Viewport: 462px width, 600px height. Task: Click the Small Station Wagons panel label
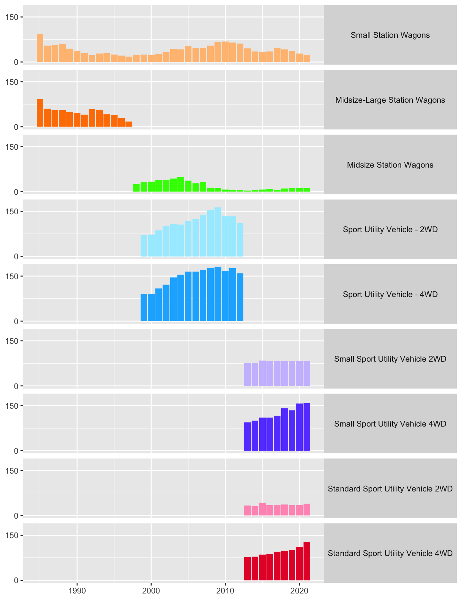click(390, 35)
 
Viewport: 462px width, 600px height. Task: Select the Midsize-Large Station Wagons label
click(390, 100)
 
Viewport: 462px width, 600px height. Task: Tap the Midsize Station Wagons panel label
click(390, 165)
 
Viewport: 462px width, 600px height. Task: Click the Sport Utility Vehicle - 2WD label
click(390, 229)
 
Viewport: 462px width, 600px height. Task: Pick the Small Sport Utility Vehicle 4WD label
click(390, 424)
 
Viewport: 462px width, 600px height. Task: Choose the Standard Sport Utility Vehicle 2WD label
click(390, 489)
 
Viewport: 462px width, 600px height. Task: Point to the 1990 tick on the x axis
click(77, 590)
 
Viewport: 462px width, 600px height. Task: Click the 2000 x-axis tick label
click(151, 590)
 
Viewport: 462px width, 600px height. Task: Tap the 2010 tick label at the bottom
click(225, 590)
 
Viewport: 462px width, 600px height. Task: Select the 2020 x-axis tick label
click(299, 590)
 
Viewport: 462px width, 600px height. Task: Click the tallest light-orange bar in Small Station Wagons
click(40, 48)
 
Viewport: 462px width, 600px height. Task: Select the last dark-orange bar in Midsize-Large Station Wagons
click(129, 124)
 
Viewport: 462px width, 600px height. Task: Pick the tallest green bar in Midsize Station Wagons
click(181, 184)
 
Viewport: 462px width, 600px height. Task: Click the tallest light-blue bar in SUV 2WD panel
click(218, 232)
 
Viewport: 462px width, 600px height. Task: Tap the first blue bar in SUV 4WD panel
click(144, 307)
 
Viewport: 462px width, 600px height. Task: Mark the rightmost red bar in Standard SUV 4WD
click(307, 561)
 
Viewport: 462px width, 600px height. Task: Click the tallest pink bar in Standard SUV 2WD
click(262, 509)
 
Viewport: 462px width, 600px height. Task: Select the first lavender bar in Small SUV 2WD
click(247, 374)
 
